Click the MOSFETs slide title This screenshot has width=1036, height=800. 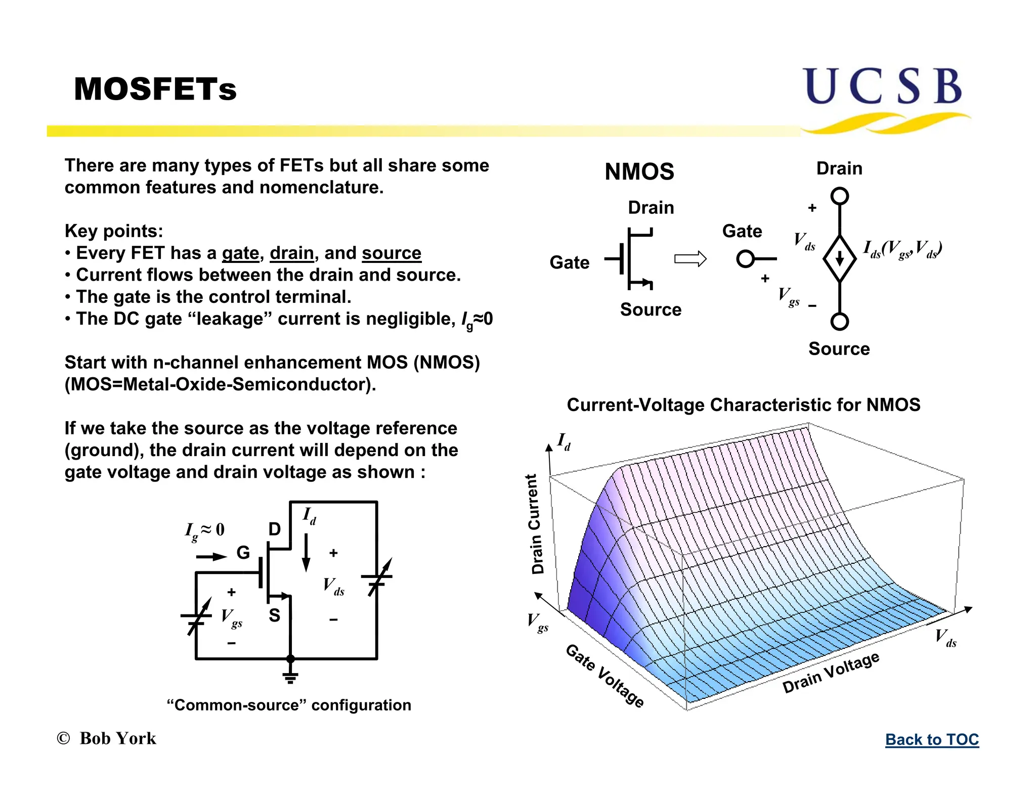point(155,90)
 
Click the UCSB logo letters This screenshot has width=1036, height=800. point(883,86)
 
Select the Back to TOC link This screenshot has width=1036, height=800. point(932,739)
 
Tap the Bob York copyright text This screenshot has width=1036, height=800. point(107,738)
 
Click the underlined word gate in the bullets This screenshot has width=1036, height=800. point(240,253)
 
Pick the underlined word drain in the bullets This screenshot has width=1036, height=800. point(291,253)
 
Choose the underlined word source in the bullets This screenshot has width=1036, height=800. point(391,253)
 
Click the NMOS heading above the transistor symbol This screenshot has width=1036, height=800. point(639,172)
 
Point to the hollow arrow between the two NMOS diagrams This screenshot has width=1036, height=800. point(690,259)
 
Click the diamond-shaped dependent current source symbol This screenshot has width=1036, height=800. point(839,258)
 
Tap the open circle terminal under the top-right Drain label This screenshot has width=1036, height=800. point(839,196)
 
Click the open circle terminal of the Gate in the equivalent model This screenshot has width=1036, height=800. point(745,259)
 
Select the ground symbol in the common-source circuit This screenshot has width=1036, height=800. point(290,677)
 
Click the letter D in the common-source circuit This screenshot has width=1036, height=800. point(274,529)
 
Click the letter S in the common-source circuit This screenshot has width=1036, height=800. point(274,615)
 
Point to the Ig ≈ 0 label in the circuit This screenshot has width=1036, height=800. point(204,530)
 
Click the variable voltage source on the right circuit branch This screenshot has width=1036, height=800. point(377,578)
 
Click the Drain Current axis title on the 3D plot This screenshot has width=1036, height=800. point(536,524)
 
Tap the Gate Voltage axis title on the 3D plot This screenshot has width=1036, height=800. point(605,676)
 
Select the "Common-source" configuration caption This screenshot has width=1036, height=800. point(289,705)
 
